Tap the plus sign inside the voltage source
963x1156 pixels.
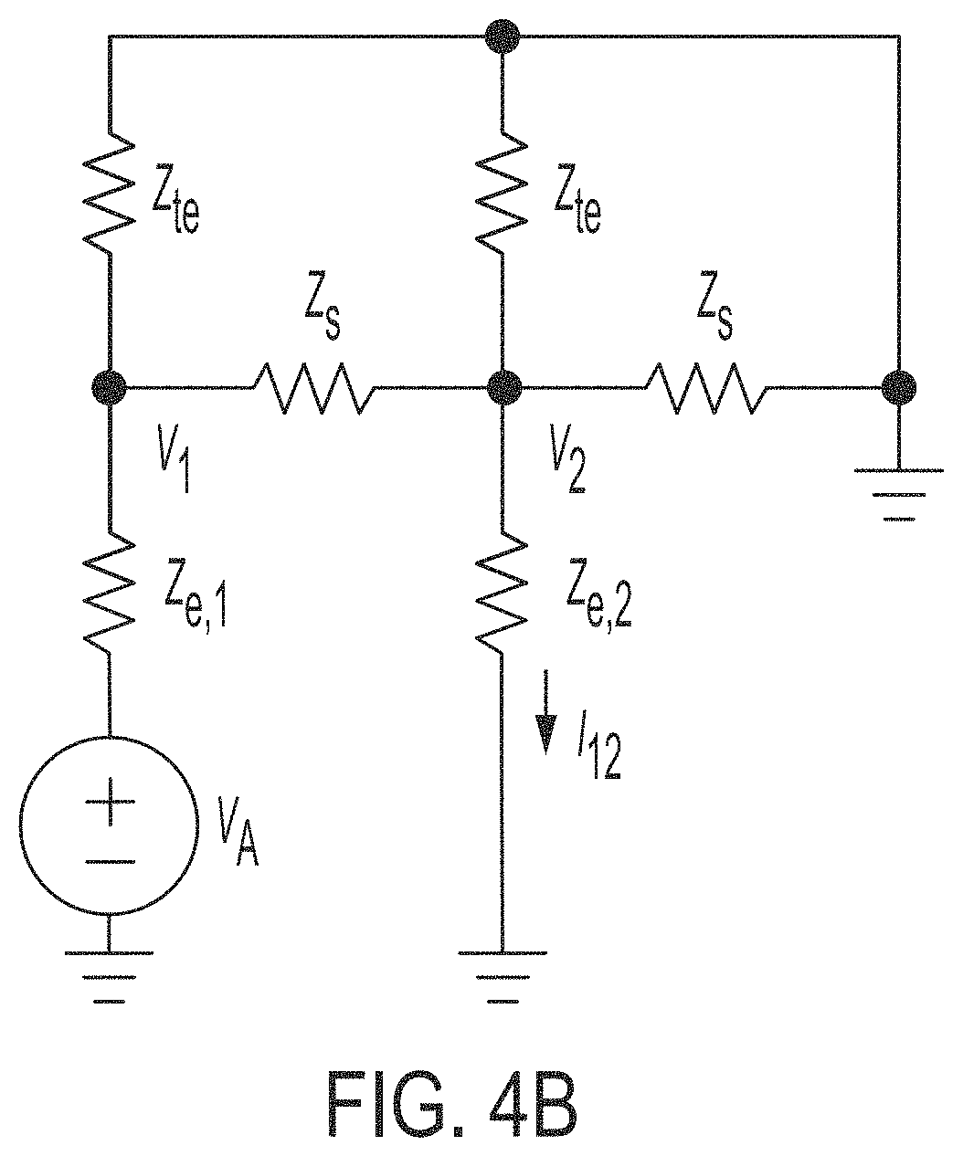click(x=110, y=801)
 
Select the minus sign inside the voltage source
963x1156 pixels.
click(x=110, y=861)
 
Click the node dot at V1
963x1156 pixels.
click(x=109, y=387)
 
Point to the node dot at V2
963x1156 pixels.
click(x=503, y=387)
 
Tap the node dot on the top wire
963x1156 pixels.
click(x=502, y=37)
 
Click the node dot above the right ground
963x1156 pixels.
click(x=898, y=387)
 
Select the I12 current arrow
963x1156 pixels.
click(x=546, y=711)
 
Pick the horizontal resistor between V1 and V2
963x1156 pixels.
click(x=313, y=387)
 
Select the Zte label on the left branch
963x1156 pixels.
click(x=175, y=197)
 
